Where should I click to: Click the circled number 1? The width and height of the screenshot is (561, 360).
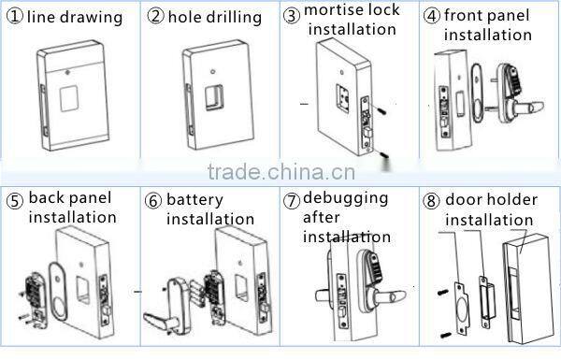11,17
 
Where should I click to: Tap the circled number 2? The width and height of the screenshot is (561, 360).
155,17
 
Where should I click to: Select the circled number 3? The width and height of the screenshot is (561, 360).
292,15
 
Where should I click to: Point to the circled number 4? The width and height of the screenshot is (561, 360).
432,15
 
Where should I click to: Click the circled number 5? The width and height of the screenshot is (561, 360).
14,200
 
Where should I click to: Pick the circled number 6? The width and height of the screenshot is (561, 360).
153,200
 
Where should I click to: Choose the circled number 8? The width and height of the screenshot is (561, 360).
432,200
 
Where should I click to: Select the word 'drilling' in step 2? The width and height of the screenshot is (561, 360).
237,18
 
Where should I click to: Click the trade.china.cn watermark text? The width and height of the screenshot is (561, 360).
280,172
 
